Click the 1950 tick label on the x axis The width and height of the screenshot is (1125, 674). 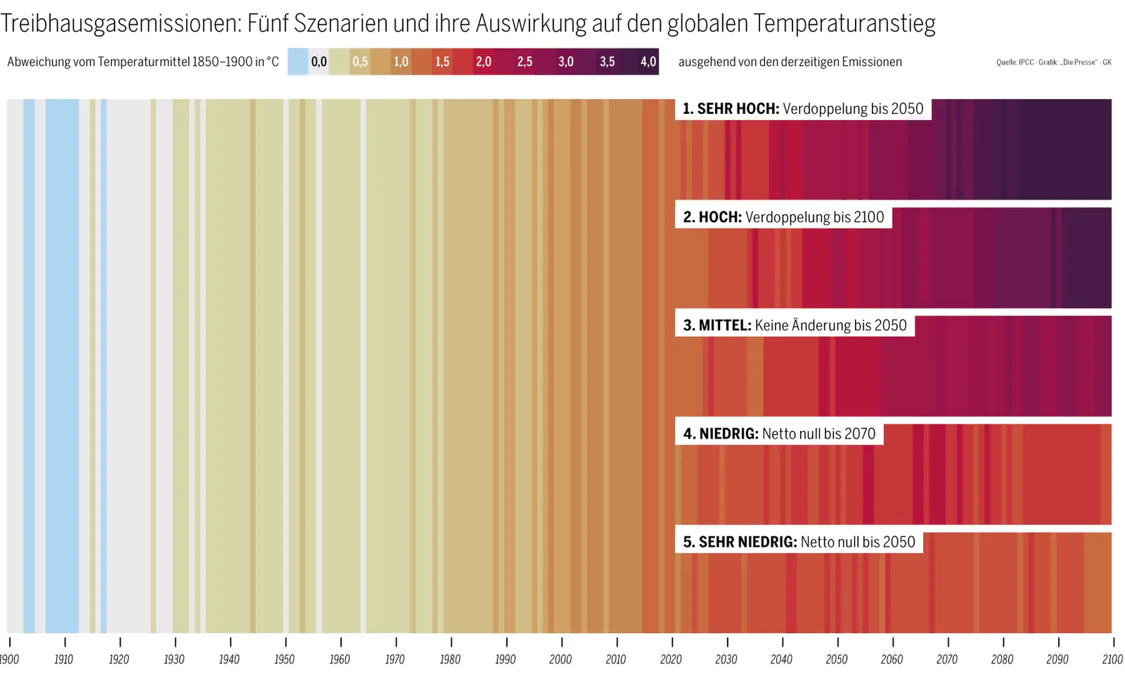pyautogui.click(x=284, y=660)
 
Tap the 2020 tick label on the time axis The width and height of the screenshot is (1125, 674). pyautogui.click(x=671, y=660)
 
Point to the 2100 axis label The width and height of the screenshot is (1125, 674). pyautogui.click(x=1112, y=660)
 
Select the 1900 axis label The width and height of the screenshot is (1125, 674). pyautogui.click(x=9, y=660)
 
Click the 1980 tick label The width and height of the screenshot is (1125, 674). pyautogui.click(x=450, y=660)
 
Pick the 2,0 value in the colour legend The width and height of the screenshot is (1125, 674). pyautogui.click(x=483, y=62)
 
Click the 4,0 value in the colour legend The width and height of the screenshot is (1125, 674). pyautogui.click(x=648, y=62)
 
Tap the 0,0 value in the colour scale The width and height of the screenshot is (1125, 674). pyautogui.click(x=319, y=62)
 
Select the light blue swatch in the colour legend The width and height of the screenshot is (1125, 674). pyautogui.click(x=298, y=62)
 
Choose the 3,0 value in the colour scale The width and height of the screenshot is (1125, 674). pyautogui.click(x=566, y=62)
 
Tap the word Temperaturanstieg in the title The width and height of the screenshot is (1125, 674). pyautogui.click(x=844, y=24)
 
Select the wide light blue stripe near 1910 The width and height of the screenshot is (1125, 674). pyautogui.click(x=62, y=366)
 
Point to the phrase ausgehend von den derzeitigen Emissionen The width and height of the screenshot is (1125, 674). pyautogui.click(x=790, y=62)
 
